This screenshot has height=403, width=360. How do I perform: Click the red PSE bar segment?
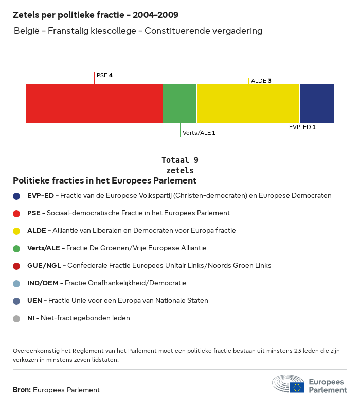coord(94,104)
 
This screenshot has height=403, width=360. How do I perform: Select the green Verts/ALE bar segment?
coord(179,104)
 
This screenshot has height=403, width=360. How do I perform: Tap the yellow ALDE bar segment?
coord(248,104)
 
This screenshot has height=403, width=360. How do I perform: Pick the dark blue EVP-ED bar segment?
coord(317,104)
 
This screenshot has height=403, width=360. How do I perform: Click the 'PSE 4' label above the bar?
coord(104,75)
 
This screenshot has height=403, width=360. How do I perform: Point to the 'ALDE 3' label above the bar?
coord(261,81)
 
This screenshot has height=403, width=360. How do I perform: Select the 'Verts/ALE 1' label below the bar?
coord(199,133)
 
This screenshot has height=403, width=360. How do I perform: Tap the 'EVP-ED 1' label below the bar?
coord(302,126)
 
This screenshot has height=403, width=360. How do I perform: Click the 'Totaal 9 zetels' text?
coord(180,165)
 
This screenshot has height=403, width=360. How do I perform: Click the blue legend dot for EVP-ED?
coord(16,196)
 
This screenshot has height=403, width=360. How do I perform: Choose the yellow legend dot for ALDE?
coord(16,231)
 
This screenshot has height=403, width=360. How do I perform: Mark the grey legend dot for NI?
coord(16,318)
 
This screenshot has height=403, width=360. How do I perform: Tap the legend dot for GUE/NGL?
coord(16,266)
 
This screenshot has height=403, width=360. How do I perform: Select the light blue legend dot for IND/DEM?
coord(16,283)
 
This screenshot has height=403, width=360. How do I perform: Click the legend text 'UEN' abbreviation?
coord(34,301)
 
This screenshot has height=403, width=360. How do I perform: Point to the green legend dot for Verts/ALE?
coord(16,248)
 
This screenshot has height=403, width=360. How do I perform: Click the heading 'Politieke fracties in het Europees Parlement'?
coord(104,181)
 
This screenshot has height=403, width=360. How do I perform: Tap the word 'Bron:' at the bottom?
coord(22,390)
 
